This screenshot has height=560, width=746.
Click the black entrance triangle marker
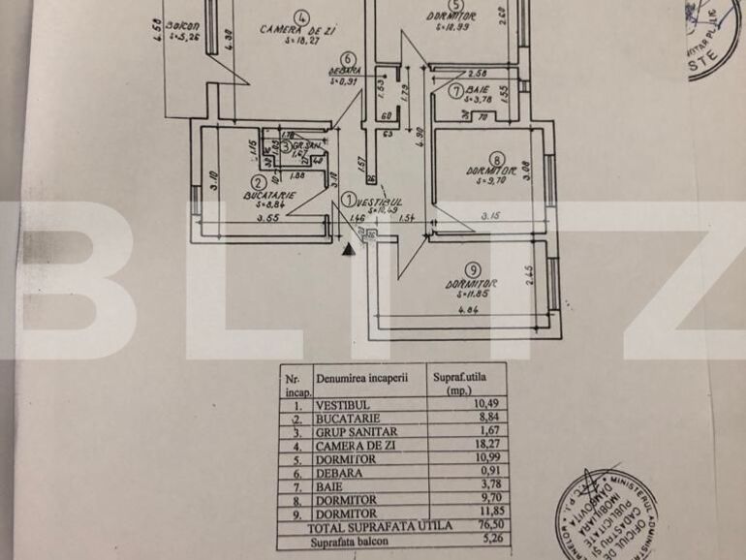[x=349, y=249]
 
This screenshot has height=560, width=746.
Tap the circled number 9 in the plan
[x=472, y=269]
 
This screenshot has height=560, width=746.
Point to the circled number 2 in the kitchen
[x=258, y=181]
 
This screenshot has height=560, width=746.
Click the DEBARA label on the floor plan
[x=344, y=71]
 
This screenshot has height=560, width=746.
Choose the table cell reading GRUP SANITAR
[x=357, y=430]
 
